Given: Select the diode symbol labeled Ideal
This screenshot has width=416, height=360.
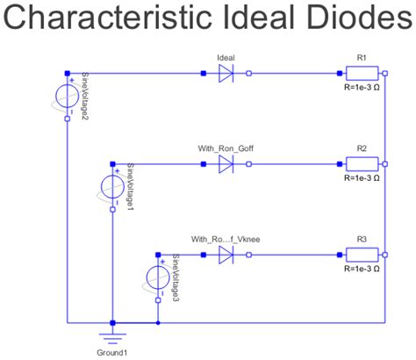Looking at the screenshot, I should click(x=226, y=74).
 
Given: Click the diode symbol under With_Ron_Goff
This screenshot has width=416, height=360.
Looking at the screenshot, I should click(x=226, y=163).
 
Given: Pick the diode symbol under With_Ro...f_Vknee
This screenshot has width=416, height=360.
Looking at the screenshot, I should click(x=226, y=255).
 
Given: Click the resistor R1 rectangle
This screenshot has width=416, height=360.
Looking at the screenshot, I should click(x=361, y=74).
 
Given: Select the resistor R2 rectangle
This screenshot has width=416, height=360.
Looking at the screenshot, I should click(x=361, y=163).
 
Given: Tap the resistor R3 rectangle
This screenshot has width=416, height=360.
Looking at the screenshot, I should click(x=361, y=255).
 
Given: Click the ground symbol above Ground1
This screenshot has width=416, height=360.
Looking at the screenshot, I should click(x=112, y=335).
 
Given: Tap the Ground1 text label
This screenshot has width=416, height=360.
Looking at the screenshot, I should click(x=112, y=353).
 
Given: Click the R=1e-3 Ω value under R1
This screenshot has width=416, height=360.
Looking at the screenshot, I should click(x=361, y=88).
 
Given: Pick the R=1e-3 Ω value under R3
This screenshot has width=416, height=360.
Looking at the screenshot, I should click(x=361, y=269).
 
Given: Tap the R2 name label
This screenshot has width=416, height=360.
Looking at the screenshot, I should click(x=361, y=148).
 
